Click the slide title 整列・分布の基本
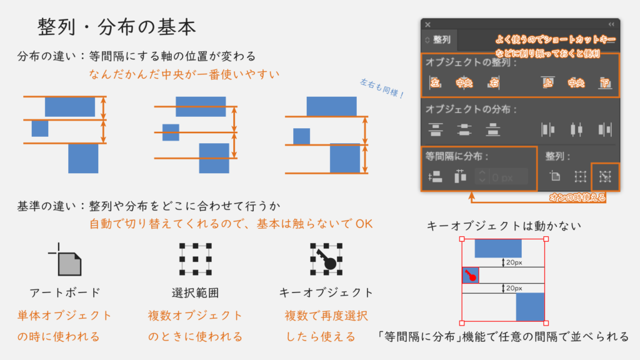tap(117, 27)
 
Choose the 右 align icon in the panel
tap(494, 82)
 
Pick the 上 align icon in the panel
tap(547, 82)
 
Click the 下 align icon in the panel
tap(604, 82)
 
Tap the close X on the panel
tap(428, 24)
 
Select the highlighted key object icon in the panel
tap(604, 177)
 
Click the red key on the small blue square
tap(471, 275)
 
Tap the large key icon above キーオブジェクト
tap(326, 259)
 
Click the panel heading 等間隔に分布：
tap(457, 156)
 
